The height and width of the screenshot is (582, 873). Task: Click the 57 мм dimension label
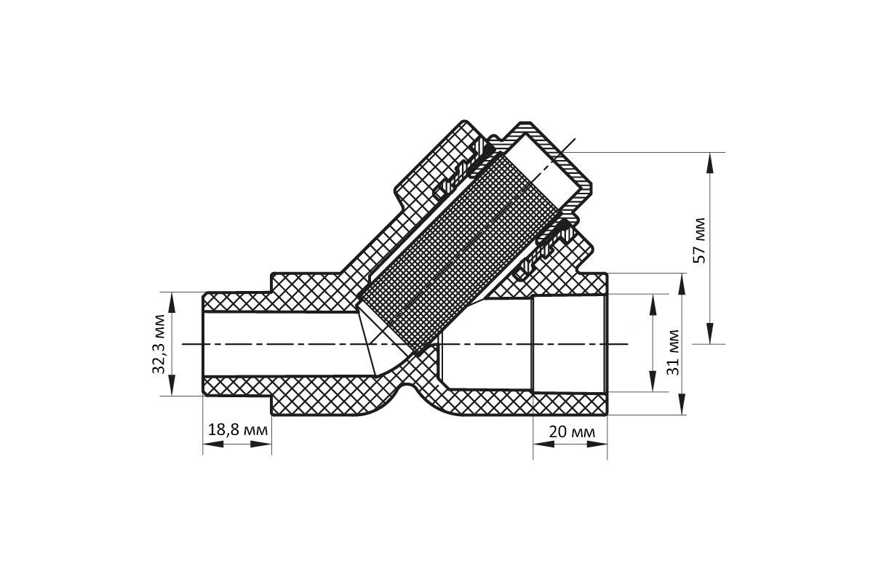coord(700,241)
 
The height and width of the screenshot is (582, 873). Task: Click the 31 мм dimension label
coord(674,352)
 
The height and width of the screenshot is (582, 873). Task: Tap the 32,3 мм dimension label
coord(159,344)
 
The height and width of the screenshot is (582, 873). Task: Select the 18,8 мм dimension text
coord(238,430)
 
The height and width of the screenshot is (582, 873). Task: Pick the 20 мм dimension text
coord(572,432)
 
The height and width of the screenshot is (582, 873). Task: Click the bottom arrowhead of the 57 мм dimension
coord(710,333)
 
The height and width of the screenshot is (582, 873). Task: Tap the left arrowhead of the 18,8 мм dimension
coord(213,444)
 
